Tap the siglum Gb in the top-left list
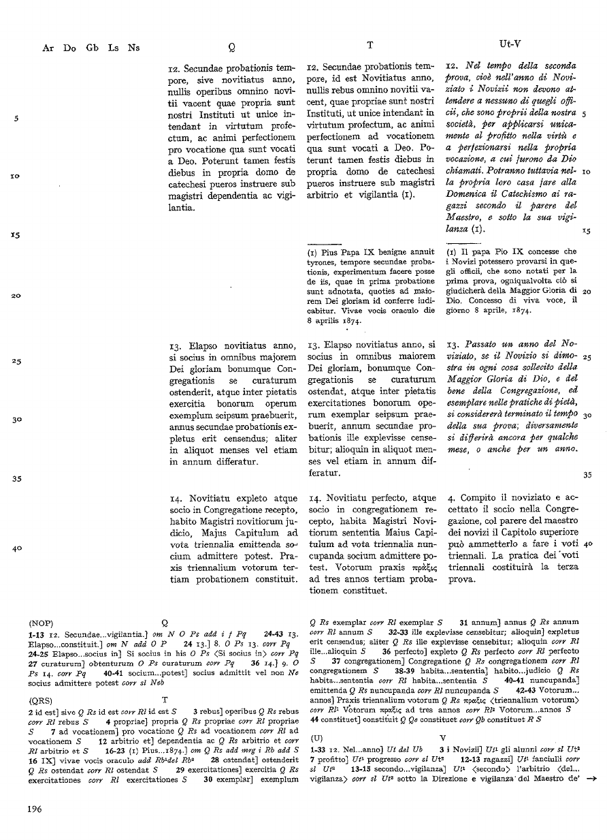[x=93, y=48]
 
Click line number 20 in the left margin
[x=14, y=296]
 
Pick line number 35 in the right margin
[x=588, y=475]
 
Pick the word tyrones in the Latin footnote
[x=324, y=262]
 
